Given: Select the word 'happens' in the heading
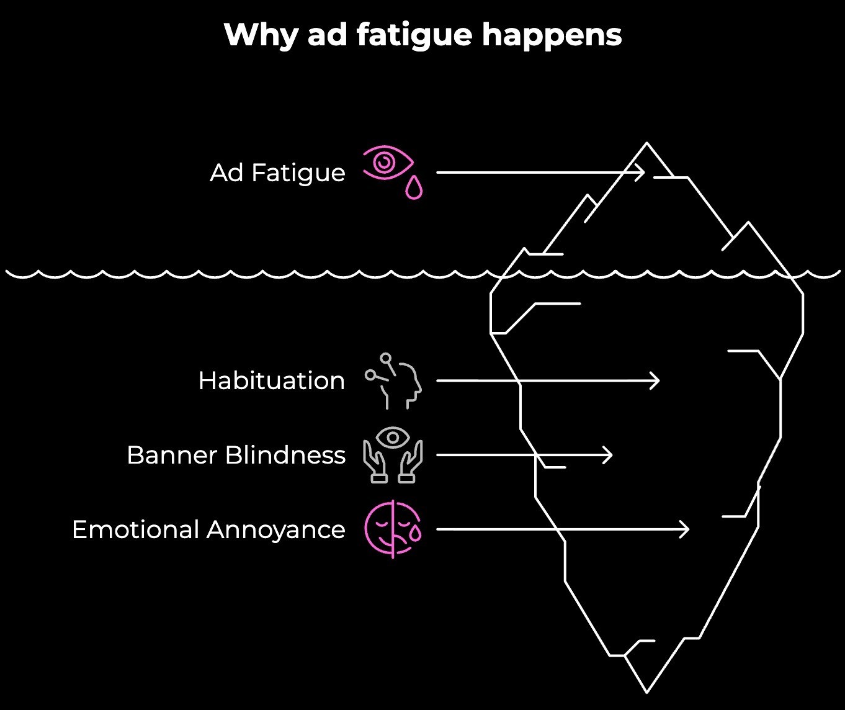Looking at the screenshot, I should (552, 35).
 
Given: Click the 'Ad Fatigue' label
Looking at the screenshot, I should (277, 173).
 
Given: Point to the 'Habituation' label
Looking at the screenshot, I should (271, 380).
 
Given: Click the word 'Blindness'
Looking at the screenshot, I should (285, 455).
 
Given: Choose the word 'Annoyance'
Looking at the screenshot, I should (275, 529).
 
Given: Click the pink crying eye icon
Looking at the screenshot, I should (388, 163).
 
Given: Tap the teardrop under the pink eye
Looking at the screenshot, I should (414, 188).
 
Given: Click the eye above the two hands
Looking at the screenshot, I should (393, 438).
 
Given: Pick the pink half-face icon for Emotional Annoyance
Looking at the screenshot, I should (393, 529).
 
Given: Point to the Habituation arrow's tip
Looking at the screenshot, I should (658, 380).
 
